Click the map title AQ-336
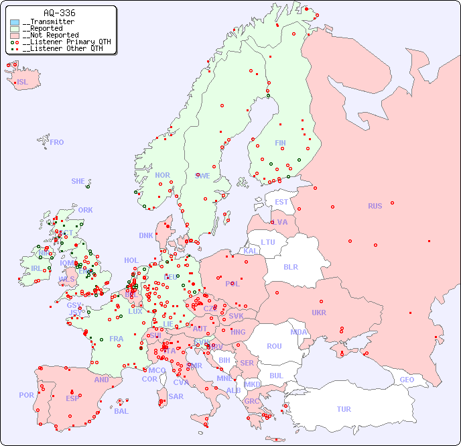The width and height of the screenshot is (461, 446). pyautogui.click(x=59, y=13)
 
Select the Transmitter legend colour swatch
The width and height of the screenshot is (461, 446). pyautogui.click(x=15, y=22)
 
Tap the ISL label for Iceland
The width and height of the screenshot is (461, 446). pyautogui.click(x=22, y=82)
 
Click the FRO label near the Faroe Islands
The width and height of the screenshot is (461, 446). pyautogui.click(x=57, y=142)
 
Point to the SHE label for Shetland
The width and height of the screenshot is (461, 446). pyautogui.click(x=78, y=181)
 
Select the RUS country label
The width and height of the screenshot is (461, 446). pyautogui.click(x=375, y=206)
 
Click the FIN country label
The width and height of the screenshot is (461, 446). pyautogui.click(x=280, y=143)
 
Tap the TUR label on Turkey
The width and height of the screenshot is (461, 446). pyautogui.click(x=344, y=409)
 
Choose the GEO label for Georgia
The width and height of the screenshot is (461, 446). pyautogui.click(x=407, y=380)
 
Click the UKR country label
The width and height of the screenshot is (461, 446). pyautogui.click(x=319, y=313)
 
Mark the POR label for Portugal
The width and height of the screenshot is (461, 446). pyautogui.click(x=26, y=395)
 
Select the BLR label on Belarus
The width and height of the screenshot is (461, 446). pyautogui.click(x=290, y=266)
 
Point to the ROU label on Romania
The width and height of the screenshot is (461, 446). pyautogui.click(x=274, y=346)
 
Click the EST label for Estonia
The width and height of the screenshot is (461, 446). pyautogui.click(x=281, y=202)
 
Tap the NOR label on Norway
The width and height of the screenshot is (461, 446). pyautogui.click(x=162, y=175)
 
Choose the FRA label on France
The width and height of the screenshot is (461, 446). pyautogui.click(x=117, y=339)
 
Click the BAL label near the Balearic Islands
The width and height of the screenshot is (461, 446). pyautogui.click(x=121, y=411)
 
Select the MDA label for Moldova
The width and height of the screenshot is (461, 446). pyautogui.click(x=299, y=332)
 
